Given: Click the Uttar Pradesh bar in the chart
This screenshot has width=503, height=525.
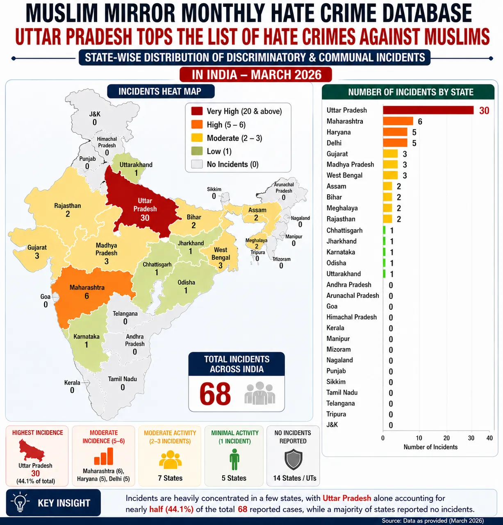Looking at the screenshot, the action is tap(428, 110).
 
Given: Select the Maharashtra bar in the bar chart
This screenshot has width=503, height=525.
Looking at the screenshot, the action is tap(398, 121).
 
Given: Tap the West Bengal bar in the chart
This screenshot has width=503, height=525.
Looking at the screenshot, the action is tap(390, 175).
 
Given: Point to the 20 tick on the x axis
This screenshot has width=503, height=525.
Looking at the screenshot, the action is tap(446, 438).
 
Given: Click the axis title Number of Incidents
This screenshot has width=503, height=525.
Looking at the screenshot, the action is tap(430, 447).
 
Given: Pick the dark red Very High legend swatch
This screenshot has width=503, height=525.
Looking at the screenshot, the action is tap(197, 111).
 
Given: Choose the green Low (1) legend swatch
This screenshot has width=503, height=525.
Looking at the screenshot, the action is tap(197, 151).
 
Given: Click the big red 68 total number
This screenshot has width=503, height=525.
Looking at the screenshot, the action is tap(215, 394).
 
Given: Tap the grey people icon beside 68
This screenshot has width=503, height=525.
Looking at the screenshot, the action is tap(259, 393).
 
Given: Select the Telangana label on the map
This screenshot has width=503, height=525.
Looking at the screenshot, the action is tap(125, 314).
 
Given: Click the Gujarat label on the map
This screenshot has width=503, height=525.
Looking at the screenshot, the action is tap(37, 248).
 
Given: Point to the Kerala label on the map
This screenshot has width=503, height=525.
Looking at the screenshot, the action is tap(72, 382).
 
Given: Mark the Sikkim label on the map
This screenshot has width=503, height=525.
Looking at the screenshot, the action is tap(214, 189).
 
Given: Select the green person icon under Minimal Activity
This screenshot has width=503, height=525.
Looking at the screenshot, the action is tap(234, 459).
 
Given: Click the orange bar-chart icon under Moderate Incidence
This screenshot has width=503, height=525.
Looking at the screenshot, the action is tap(104, 456).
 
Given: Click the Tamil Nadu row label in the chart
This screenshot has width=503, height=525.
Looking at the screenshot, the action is tap(342, 392).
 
